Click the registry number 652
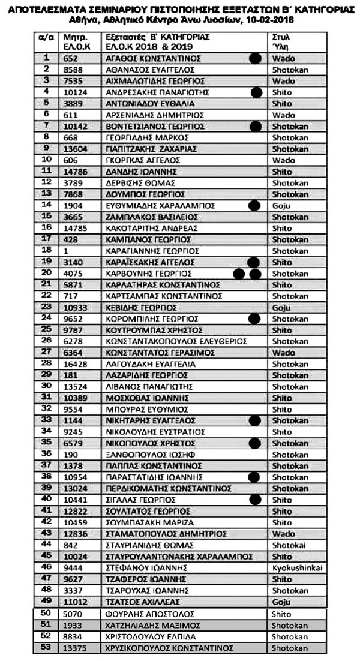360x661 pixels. click(71, 58)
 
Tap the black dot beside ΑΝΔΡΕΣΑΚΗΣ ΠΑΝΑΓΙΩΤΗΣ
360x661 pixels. click(257, 92)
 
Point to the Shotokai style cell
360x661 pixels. click(290, 544)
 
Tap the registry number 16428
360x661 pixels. click(75, 363)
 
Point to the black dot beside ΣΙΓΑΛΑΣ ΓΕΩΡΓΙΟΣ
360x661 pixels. click(256, 499)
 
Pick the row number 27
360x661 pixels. click(46, 351)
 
